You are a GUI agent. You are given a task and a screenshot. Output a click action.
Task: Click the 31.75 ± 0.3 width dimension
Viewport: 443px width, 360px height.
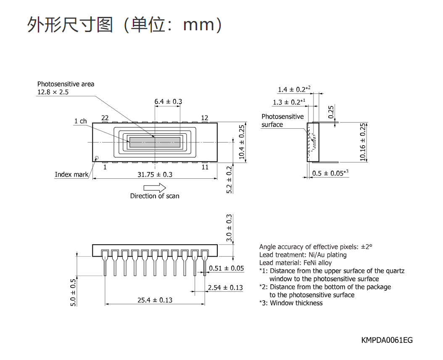pos(155,175)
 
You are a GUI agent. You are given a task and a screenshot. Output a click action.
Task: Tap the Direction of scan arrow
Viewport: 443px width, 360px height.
pos(155,188)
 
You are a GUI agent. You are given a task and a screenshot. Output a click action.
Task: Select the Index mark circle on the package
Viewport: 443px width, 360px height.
pos(97,158)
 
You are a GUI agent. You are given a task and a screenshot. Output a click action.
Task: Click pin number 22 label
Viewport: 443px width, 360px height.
pos(105,118)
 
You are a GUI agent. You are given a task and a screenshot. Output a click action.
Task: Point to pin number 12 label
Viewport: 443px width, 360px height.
pos(205,118)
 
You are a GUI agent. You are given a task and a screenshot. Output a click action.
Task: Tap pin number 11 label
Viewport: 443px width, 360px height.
pos(205,167)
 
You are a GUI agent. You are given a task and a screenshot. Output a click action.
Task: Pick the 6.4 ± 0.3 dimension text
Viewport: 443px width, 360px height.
pos(168,101)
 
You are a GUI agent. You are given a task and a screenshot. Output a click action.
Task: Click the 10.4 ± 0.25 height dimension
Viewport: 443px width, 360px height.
pos(242,142)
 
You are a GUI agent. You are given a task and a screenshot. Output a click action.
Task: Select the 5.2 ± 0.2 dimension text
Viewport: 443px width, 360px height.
pos(229,180)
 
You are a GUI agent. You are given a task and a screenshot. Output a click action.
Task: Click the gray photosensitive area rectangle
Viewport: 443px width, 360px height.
pos(155,142)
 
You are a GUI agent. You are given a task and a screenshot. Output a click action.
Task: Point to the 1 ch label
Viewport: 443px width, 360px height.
pos(81,121)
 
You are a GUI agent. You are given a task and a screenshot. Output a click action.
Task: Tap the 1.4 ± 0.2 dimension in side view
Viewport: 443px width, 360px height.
pos(294,89)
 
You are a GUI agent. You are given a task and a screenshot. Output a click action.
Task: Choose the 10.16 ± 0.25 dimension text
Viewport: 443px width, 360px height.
pos(363,142)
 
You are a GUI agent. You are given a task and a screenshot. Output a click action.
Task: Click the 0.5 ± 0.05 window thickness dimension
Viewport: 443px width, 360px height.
pos(330,173)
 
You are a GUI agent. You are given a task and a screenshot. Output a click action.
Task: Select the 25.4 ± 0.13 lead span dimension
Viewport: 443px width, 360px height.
pos(155,300)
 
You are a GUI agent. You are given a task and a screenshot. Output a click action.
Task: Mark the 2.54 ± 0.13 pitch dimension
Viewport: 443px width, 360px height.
pos(225,288)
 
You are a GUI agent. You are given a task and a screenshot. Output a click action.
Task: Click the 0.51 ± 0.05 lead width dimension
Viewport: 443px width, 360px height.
pos(226,268)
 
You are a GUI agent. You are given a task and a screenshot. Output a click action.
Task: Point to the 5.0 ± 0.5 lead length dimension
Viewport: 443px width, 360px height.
pos(73,292)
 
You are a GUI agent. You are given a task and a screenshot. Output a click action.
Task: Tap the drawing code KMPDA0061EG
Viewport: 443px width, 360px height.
pos(387,340)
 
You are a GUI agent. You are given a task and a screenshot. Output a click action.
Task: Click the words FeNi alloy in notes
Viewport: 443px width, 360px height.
pos(318,263)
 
